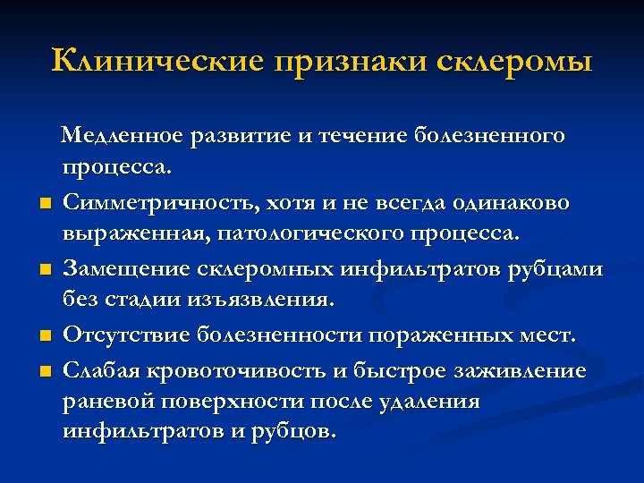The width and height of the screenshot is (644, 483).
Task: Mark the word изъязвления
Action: click(255, 301)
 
